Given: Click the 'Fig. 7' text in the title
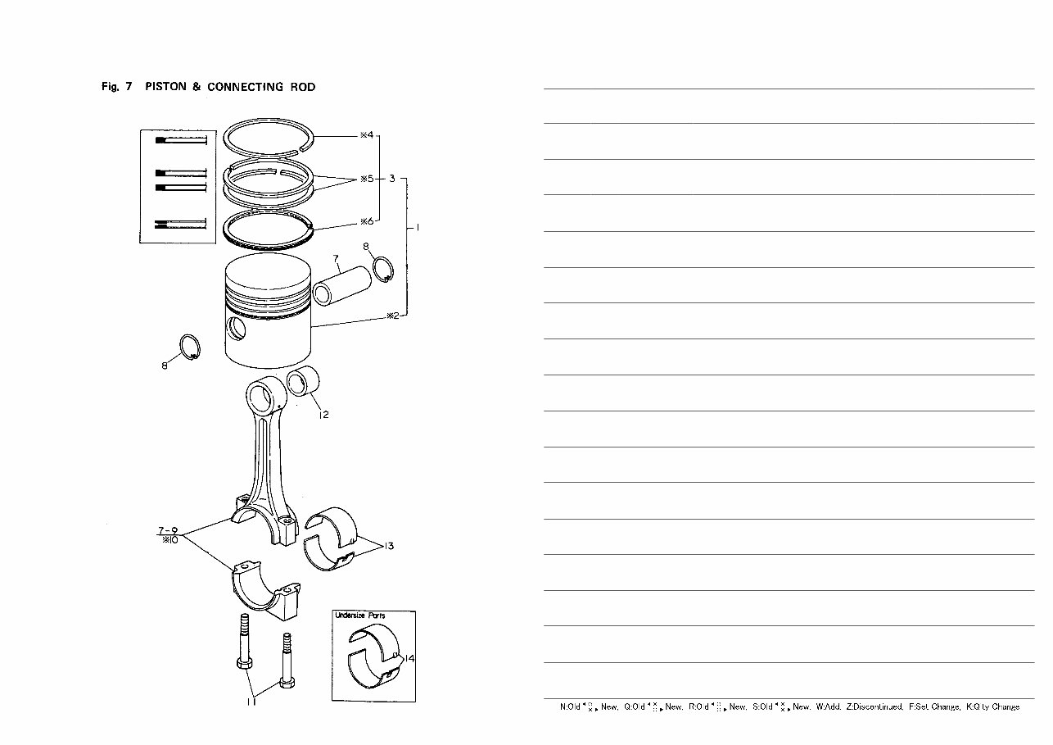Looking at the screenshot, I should click(x=116, y=87).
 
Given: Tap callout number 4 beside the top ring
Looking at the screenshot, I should click(x=367, y=134).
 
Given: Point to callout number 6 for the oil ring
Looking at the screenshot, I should click(x=367, y=221).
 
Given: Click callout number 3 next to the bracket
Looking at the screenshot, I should click(x=393, y=178).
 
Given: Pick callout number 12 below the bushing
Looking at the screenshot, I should click(x=323, y=415).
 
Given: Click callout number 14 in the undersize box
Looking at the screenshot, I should click(x=409, y=658).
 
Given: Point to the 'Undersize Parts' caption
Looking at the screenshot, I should click(x=360, y=616).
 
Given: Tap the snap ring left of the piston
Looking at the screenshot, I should click(x=189, y=348).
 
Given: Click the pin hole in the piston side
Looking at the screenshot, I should click(x=238, y=329).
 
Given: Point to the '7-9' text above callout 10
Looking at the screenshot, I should click(x=168, y=530).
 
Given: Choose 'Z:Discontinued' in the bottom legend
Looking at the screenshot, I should click(x=874, y=706).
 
